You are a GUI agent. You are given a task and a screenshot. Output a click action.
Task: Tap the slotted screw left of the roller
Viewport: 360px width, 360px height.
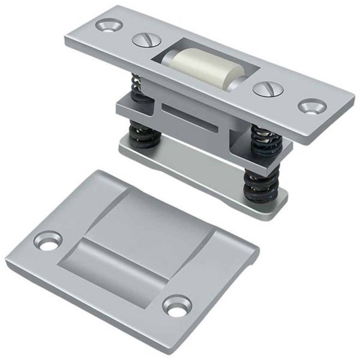tap(146, 40)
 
